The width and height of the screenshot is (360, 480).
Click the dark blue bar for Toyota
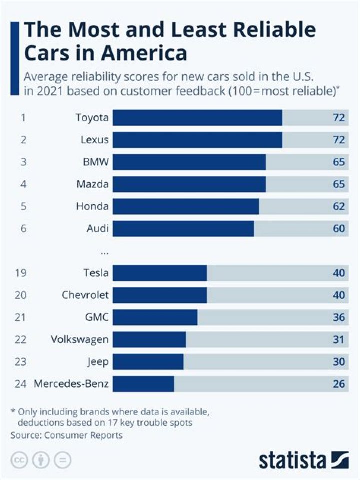pyautogui.click(x=197, y=118)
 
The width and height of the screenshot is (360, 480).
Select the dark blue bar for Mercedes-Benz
pyautogui.click(x=143, y=384)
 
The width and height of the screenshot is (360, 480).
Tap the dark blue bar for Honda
pyautogui.click(x=186, y=206)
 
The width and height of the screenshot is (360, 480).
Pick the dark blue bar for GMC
pyautogui.click(x=155, y=317)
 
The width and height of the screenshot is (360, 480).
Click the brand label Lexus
pyautogui.click(x=94, y=140)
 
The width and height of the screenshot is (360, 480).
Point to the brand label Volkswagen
pyautogui.click(x=80, y=339)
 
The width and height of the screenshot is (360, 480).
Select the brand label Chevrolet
pyautogui.click(x=85, y=295)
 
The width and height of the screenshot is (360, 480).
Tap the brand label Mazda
pyautogui.click(x=92, y=184)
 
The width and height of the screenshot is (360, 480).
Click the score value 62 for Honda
pyautogui.click(x=339, y=206)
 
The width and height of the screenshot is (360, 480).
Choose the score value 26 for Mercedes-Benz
pyautogui.click(x=339, y=384)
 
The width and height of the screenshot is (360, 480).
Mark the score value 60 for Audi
pyautogui.click(x=339, y=229)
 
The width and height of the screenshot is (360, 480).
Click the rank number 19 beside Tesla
pyautogui.click(x=21, y=273)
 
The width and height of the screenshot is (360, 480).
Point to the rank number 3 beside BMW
pyautogui.click(x=23, y=162)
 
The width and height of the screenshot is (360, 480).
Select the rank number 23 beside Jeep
pyautogui.click(x=21, y=362)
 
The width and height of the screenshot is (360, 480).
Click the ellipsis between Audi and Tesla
pyautogui.click(x=104, y=252)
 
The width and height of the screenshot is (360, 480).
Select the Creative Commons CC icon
pyautogui.click(x=19, y=460)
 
